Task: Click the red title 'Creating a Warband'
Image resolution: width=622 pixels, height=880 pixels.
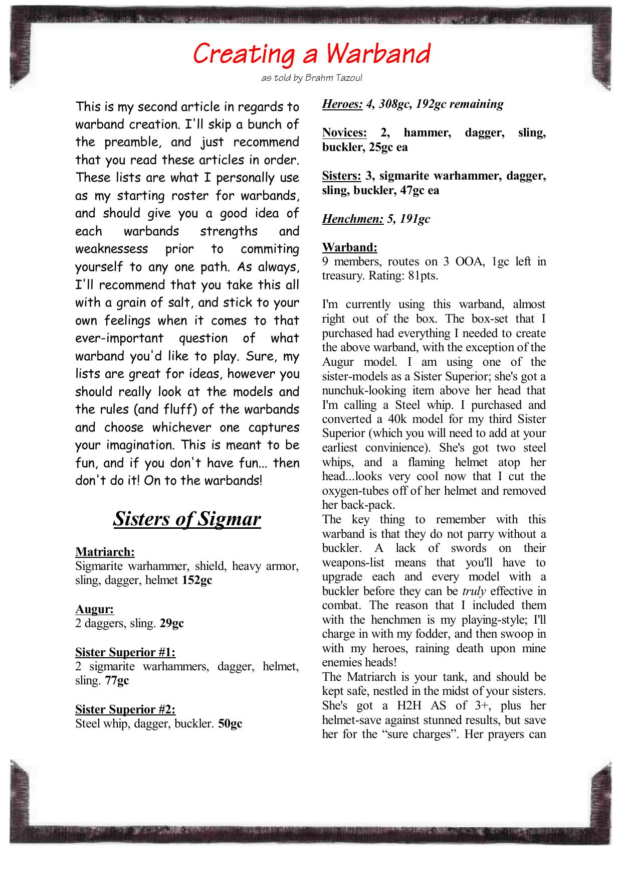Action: (311, 54)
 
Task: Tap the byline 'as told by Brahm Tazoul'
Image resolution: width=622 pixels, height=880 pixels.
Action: (311, 78)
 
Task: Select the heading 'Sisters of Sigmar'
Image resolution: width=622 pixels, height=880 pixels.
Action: (187, 519)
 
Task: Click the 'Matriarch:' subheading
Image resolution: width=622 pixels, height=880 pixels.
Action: (105, 552)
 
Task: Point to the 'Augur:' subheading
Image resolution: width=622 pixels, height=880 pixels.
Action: (94, 609)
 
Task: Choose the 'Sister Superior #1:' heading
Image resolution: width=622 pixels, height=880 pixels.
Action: (125, 652)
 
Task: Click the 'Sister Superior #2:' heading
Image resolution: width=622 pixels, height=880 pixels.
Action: (125, 709)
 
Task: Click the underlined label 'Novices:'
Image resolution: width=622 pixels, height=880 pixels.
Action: (344, 133)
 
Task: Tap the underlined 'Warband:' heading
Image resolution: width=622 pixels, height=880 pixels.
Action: (349, 247)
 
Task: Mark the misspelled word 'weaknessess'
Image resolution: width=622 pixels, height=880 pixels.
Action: (112, 249)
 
